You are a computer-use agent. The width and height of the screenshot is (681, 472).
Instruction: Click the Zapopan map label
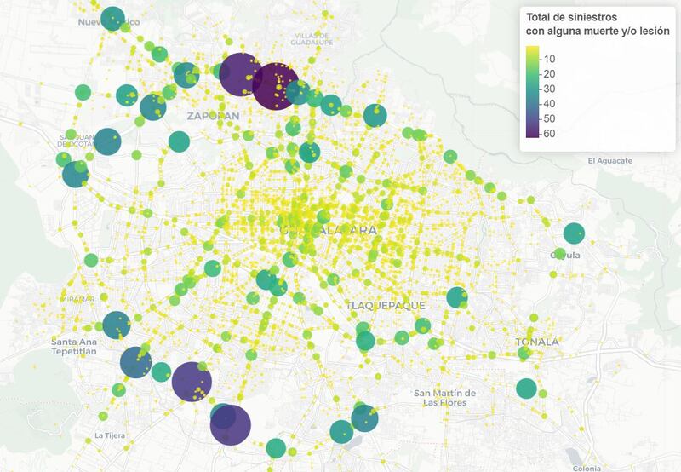pyautogui.click(x=213, y=115)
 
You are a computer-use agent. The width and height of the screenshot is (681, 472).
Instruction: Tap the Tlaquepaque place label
pyautogui.click(x=380, y=304)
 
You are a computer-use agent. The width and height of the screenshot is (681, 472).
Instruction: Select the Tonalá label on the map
pyautogui.click(x=538, y=342)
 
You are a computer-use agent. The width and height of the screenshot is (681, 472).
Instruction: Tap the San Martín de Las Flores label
pyautogui.click(x=444, y=397)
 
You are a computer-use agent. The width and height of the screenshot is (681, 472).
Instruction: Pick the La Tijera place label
pyautogui.click(x=110, y=435)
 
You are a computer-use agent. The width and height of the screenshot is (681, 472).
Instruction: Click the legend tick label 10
pyautogui.click(x=549, y=59)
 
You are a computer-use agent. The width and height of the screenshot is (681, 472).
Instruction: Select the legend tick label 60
pyautogui.click(x=549, y=134)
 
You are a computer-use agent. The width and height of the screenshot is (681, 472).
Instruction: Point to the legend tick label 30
pyautogui.click(x=549, y=89)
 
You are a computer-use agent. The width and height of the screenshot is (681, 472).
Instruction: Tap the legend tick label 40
pyautogui.click(x=549, y=104)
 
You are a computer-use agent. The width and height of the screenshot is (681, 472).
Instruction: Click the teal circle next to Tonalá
pyautogui.click(x=526, y=389)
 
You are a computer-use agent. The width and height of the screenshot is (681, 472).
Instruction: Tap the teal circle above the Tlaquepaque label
pyautogui.click(x=457, y=297)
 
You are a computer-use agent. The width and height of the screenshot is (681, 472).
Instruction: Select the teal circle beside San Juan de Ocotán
pyautogui.click(x=107, y=141)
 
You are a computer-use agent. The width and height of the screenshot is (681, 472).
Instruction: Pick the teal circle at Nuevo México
pyautogui.click(x=112, y=17)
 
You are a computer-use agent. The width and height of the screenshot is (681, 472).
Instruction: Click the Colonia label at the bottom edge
pyautogui.click(x=587, y=468)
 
